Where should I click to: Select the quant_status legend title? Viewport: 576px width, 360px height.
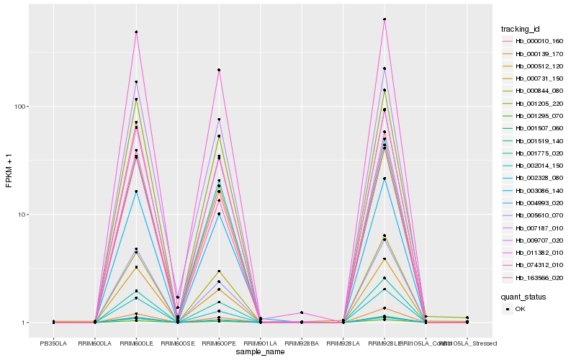[524, 296]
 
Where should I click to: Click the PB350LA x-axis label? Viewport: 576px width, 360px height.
[53, 343]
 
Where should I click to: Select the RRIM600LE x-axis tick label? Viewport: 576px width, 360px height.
[136, 343]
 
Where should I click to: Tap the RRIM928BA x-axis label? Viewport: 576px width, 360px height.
[302, 343]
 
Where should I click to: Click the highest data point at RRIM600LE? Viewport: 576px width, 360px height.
[136, 32]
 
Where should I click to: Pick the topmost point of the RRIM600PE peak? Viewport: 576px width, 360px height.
[219, 70]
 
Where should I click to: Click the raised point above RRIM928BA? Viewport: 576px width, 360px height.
[302, 312]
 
